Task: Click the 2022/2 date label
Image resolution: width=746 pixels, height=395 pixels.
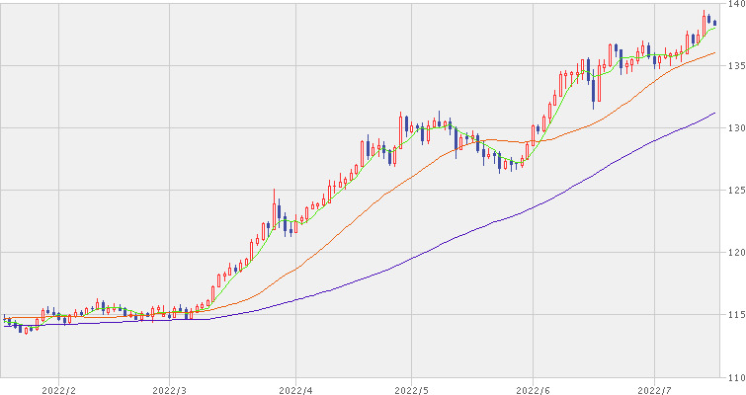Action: [59, 390]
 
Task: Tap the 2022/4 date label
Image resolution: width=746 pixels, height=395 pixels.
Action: [295, 390]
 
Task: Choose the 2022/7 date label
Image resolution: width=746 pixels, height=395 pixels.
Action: [655, 390]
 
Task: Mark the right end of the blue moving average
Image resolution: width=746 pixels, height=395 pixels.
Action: [715, 114]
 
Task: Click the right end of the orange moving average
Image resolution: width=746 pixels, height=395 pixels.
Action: [715, 53]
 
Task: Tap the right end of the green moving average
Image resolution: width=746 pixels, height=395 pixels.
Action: [715, 28]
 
